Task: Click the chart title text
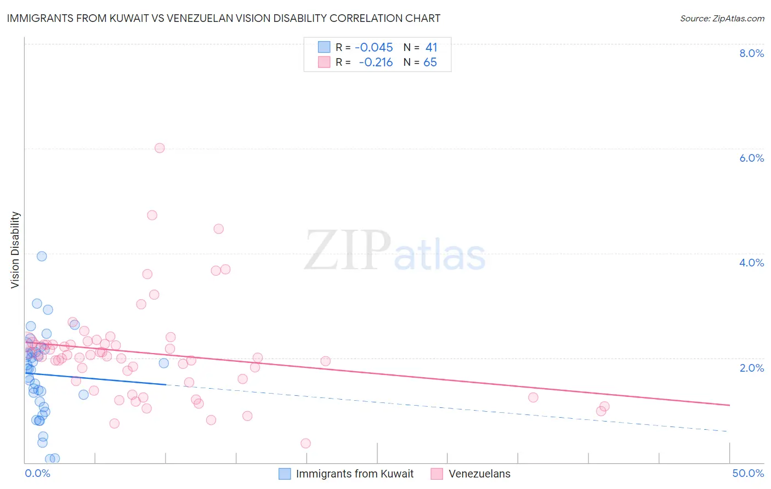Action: [x=223, y=18]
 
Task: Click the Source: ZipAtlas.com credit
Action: [x=722, y=19]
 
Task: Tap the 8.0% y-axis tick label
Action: [x=751, y=53]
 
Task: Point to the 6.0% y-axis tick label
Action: [x=751, y=158]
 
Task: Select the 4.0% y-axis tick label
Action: [x=751, y=263]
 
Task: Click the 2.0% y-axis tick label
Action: [x=751, y=368]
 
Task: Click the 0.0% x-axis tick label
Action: [x=37, y=473]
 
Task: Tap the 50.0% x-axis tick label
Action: [x=748, y=473]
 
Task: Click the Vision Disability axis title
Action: [x=15, y=250]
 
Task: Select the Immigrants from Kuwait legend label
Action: [x=355, y=474]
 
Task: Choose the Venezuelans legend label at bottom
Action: [x=479, y=474]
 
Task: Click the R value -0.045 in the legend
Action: [x=374, y=48]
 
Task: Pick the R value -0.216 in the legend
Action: [x=376, y=62]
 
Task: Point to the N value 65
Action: [x=430, y=62]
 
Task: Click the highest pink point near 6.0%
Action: [x=160, y=148]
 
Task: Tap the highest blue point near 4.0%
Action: [x=42, y=256]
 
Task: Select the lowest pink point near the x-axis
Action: [x=306, y=443]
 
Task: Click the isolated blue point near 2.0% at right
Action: [x=163, y=363]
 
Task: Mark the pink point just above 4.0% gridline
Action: [x=218, y=229]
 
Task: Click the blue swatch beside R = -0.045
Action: [x=324, y=47]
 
